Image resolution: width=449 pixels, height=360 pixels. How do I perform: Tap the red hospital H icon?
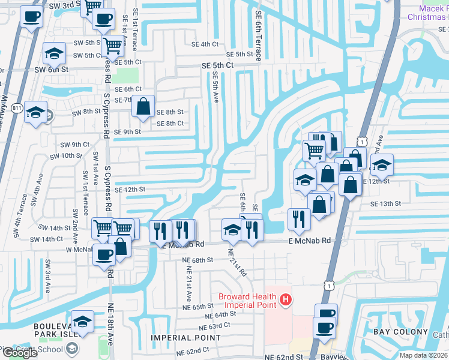[286, 298]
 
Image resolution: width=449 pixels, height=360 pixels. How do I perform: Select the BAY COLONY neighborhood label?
[401, 332]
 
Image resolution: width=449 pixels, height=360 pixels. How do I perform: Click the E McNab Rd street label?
[310, 241]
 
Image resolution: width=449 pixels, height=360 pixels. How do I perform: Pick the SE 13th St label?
[385, 204]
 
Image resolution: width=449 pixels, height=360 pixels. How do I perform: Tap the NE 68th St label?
[197, 259]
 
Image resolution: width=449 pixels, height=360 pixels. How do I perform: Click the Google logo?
[20, 353]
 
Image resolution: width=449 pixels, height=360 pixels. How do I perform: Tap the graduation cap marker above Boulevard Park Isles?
[82, 320]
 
